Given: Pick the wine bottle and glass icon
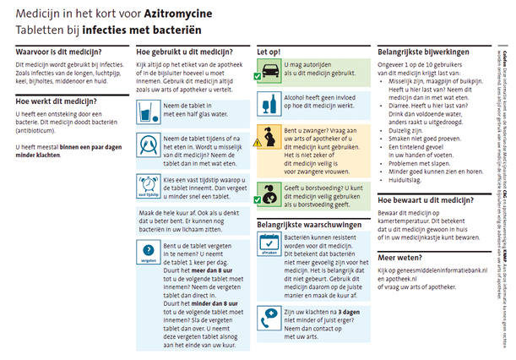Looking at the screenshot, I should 269,104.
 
